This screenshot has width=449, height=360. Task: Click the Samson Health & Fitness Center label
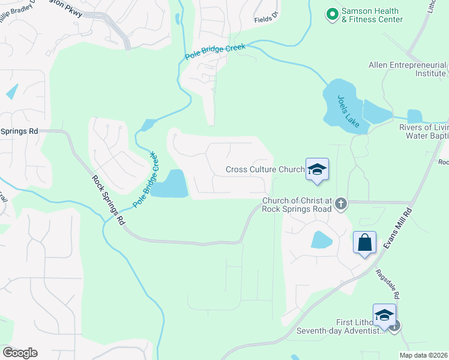(x=372, y=15)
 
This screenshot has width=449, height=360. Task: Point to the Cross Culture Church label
(x=265, y=169)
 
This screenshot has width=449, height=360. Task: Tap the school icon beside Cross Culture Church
(x=317, y=169)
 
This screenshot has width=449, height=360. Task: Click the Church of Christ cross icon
(x=341, y=203)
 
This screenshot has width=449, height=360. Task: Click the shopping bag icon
(x=364, y=243)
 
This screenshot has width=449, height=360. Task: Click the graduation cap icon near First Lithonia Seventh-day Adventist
(x=384, y=314)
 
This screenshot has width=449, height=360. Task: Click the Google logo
(x=20, y=353)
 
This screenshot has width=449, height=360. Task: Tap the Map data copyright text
(x=424, y=355)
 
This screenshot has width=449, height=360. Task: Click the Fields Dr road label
(x=267, y=19)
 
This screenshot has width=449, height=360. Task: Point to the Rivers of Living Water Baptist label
(x=424, y=132)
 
